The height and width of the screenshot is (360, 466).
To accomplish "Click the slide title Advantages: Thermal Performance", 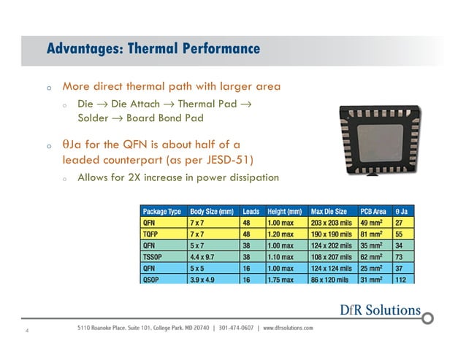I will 153,49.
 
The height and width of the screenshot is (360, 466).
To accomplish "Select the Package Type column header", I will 162,211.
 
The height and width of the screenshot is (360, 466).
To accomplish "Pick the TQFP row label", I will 150,234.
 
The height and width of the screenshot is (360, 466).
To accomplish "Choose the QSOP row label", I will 151,279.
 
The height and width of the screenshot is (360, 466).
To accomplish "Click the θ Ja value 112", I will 401,279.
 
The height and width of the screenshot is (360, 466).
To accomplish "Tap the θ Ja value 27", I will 400,222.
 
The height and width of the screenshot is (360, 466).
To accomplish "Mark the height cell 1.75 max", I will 283,279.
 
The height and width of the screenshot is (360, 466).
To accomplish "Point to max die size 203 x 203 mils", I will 333,222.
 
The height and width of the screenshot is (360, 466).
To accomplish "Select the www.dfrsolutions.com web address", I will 288,327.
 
